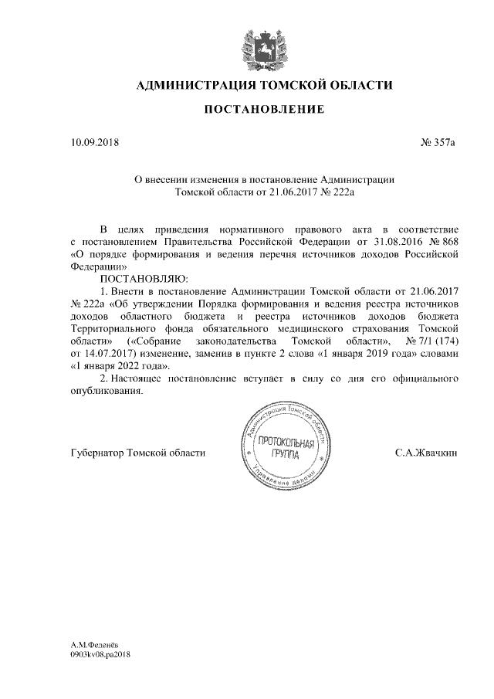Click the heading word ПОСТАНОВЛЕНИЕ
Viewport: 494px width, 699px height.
click(x=263, y=110)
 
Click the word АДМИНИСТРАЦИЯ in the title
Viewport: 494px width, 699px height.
click(x=193, y=84)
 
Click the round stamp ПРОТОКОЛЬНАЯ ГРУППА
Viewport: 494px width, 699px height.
click(x=285, y=449)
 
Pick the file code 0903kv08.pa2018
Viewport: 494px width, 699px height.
click(x=100, y=653)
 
